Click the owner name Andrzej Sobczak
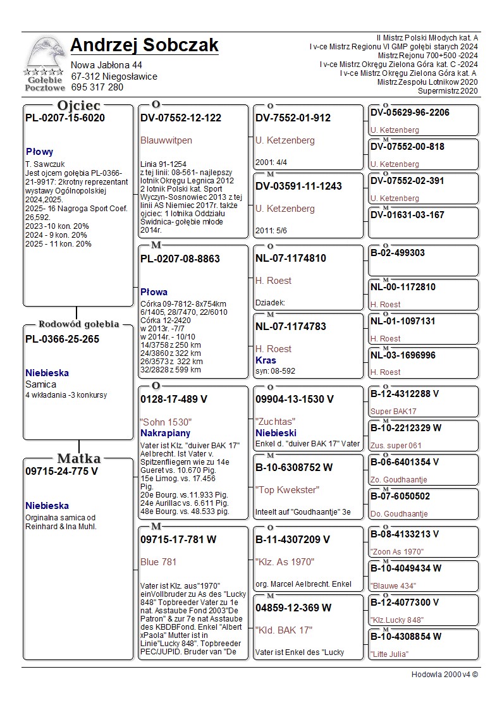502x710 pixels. point(144,46)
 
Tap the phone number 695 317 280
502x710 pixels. point(97,87)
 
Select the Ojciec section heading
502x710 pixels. point(78,106)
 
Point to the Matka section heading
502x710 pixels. point(78,458)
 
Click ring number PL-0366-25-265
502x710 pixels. point(62,339)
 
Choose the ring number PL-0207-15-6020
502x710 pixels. point(64,118)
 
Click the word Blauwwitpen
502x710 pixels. point(166,140)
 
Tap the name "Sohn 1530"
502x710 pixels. point(165,422)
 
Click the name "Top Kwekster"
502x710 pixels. point(287,489)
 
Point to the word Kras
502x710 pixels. point(266,360)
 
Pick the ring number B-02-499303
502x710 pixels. point(397,253)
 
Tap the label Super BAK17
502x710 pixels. point(393,412)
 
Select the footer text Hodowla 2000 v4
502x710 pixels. point(444,674)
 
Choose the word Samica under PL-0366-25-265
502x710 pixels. point(40,384)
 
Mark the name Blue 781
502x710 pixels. point(158,561)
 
